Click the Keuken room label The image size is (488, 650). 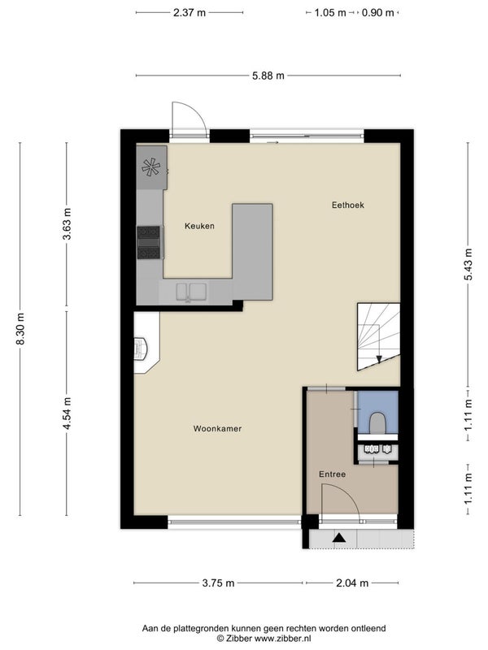(199, 226)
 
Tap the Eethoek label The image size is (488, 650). (348, 205)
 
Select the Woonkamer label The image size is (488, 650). (217, 429)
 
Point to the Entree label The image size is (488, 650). (332, 474)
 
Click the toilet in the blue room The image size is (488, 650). (377, 422)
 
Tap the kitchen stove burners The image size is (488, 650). (149, 242)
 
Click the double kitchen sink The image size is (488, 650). (191, 292)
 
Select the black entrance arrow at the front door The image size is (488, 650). (339, 538)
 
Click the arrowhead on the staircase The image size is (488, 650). (379, 359)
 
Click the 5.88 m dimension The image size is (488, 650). (268, 76)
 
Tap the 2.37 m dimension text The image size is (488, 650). (190, 12)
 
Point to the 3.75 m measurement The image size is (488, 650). (218, 583)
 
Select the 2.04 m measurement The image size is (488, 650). (352, 583)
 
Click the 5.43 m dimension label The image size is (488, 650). (468, 264)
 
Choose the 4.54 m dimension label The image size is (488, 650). (68, 413)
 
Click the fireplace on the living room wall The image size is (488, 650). (140, 348)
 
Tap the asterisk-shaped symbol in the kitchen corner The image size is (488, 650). (150, 167)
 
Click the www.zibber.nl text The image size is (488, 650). (282, 639)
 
